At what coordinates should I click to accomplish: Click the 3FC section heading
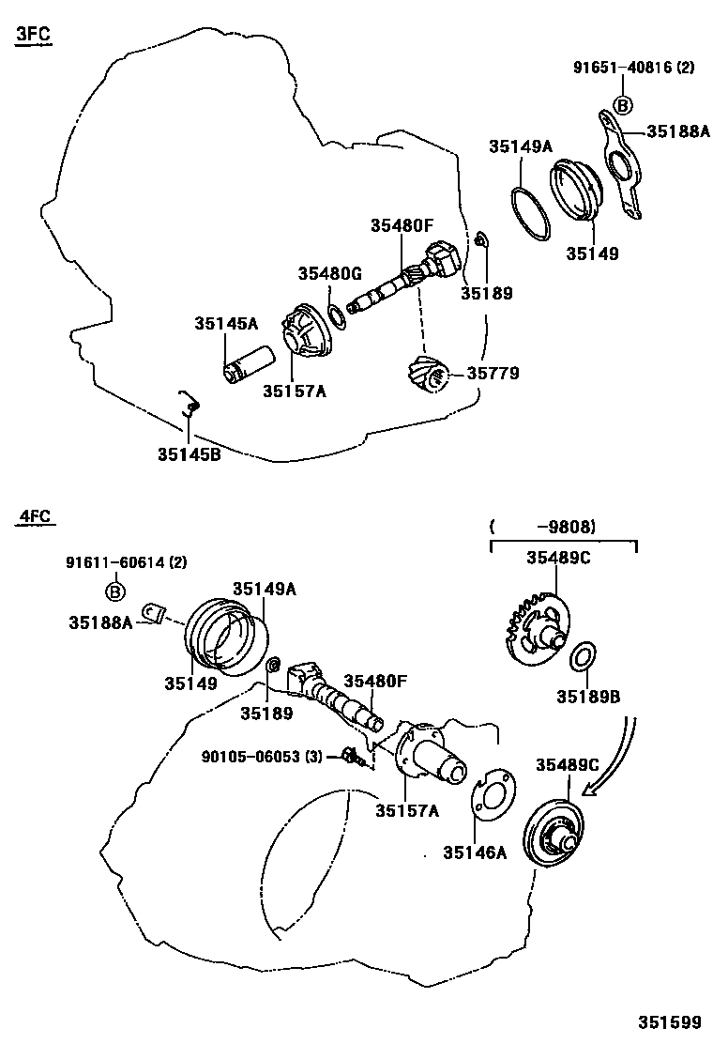tap(33, 36)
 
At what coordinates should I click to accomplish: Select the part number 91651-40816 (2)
tap(634, 68)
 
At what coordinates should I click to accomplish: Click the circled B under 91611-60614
tap(114, 591)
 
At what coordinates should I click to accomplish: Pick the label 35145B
tap(189, 453)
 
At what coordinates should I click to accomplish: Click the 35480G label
tap(329, 273)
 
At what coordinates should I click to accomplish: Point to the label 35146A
tap(475, 852)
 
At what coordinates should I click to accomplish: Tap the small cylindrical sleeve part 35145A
tap(249, 364)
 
